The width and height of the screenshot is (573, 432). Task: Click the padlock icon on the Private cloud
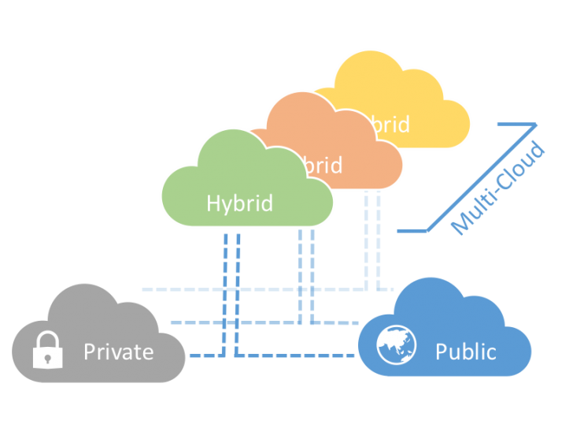click(x=47, y=352)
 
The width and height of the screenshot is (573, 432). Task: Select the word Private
click(x=119, y=351)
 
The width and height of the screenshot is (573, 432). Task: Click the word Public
click(x=466, y=351)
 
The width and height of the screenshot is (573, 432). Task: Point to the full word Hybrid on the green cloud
click(x=239, y=203)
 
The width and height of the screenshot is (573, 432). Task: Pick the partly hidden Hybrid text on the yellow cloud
click(x=391, y=125)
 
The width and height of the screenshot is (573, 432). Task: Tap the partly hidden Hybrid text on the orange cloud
click(x=323, y=166)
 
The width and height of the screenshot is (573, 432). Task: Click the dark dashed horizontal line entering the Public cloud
click(x=315, y=356)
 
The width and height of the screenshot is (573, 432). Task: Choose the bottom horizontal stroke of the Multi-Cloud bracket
click(x=411, y=231)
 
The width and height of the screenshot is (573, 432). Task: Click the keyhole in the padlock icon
click(x=47, y=357)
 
